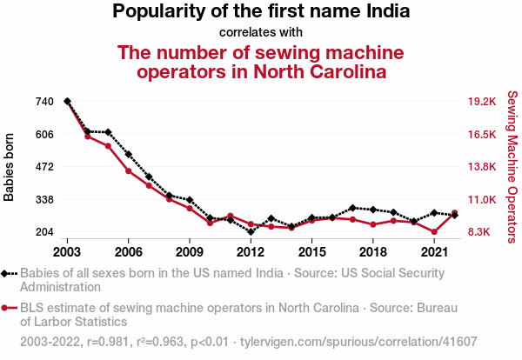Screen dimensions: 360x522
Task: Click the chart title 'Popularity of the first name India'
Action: (261, 12)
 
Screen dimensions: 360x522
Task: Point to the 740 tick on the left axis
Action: (43, 102)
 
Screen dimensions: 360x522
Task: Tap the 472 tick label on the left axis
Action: (43, 167)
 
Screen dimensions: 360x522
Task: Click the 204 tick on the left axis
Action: (43, 232)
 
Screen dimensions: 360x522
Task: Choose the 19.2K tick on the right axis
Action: (481, 102)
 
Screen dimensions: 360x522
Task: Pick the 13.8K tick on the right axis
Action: (481, 167)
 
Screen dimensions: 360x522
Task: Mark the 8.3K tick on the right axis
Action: (481, 232)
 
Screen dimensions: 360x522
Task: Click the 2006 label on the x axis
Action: (128, 252)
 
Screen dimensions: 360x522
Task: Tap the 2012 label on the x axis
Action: (251, 252)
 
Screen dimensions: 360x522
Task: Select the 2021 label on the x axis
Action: (434, 252)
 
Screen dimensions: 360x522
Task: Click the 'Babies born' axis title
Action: (10, 167)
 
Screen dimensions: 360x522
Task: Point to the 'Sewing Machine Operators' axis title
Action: (512, 167)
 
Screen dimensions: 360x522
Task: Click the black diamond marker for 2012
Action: (251, 232)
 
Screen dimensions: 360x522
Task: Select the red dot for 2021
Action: (434, 232)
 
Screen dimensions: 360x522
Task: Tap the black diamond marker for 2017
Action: (352, 208)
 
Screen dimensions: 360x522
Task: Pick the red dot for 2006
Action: (128, 170)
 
